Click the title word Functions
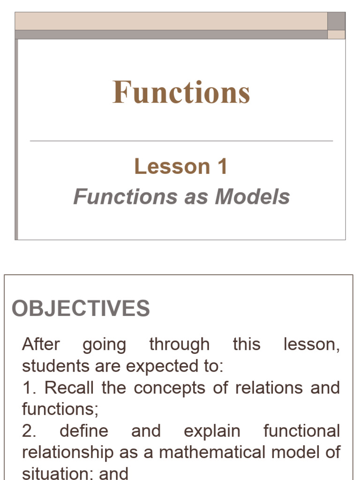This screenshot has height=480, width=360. [x=181, y=92]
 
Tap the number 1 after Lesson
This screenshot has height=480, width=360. [x=222, y=166]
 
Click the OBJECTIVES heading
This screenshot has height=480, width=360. [x=81, y=308]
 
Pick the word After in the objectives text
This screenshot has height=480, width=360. [x=41, y=345]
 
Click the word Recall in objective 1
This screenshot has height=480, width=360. [x=69, y=388]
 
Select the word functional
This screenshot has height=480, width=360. [x=301, y=431]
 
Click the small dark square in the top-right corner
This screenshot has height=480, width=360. [x=336, y=21]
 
